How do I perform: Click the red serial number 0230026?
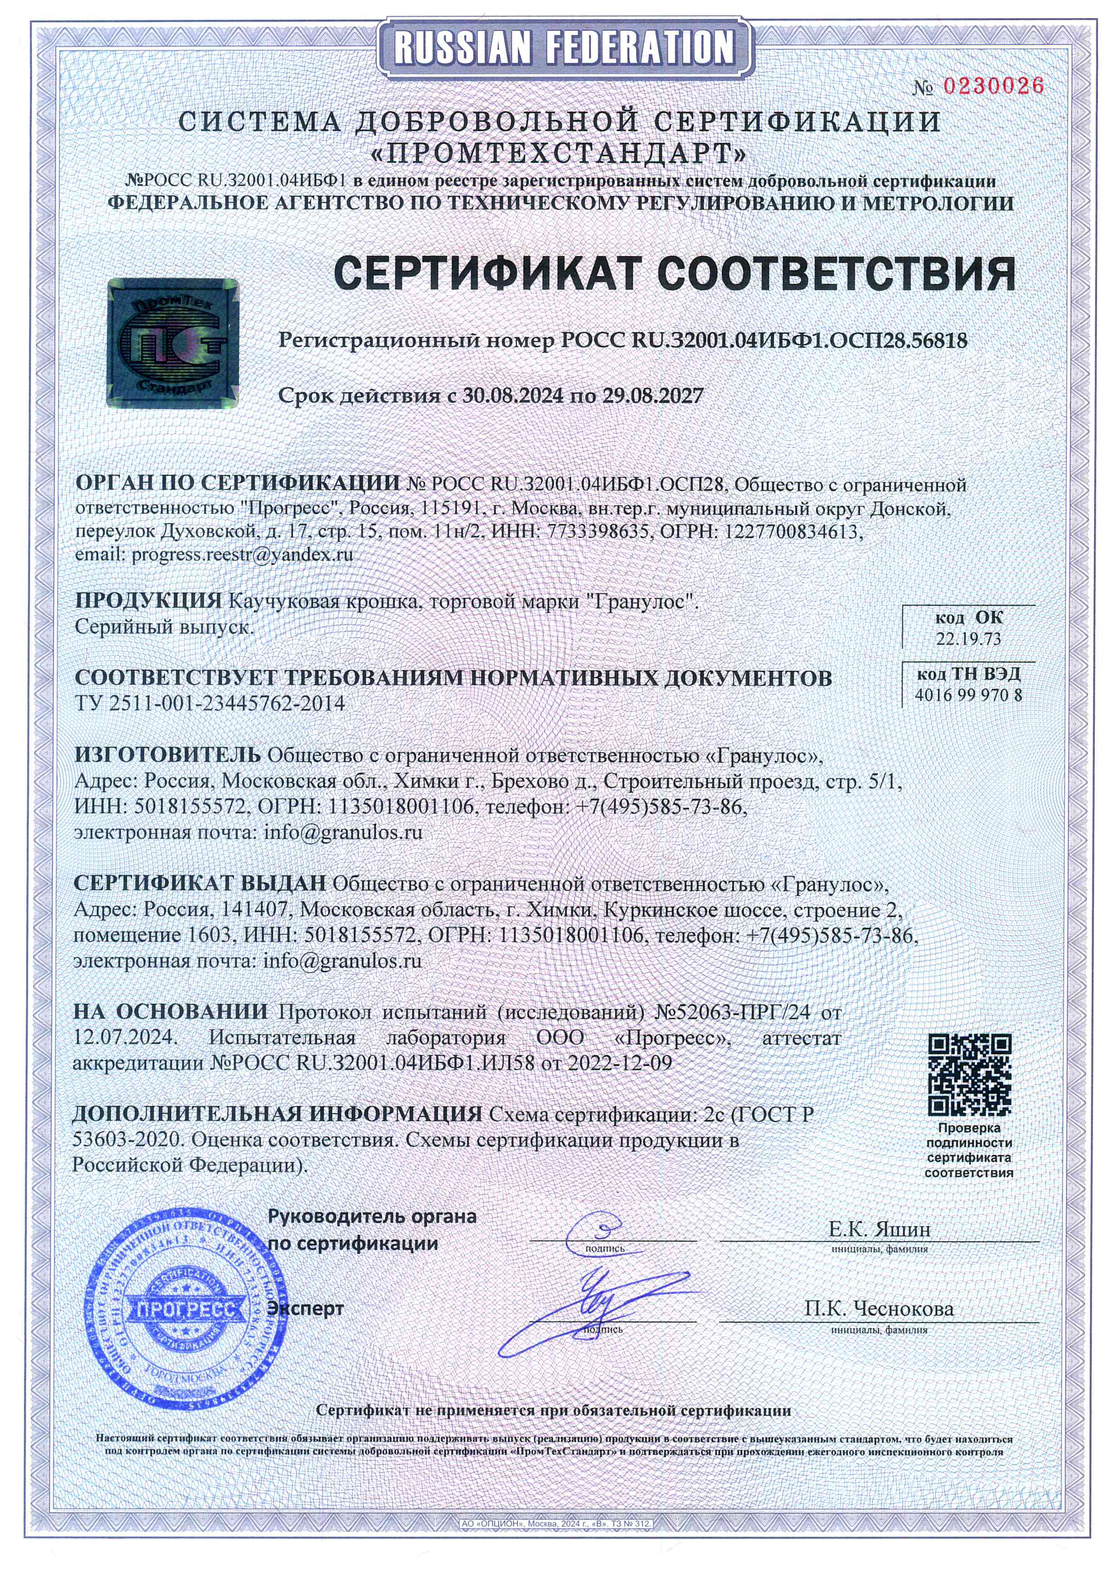coord(993,86)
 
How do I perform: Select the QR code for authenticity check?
coord(969,1075)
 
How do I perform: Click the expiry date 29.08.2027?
coord(653,396)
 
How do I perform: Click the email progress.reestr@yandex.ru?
coord(242,554)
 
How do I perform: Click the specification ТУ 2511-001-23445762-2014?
coord(210,703)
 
